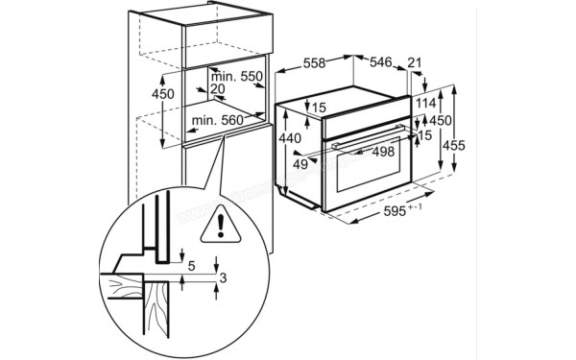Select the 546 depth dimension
(382, 62)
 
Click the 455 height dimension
(455, 145)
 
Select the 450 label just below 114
(440, 120)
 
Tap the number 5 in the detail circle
(192, 265)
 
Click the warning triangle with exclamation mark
(223, 225)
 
